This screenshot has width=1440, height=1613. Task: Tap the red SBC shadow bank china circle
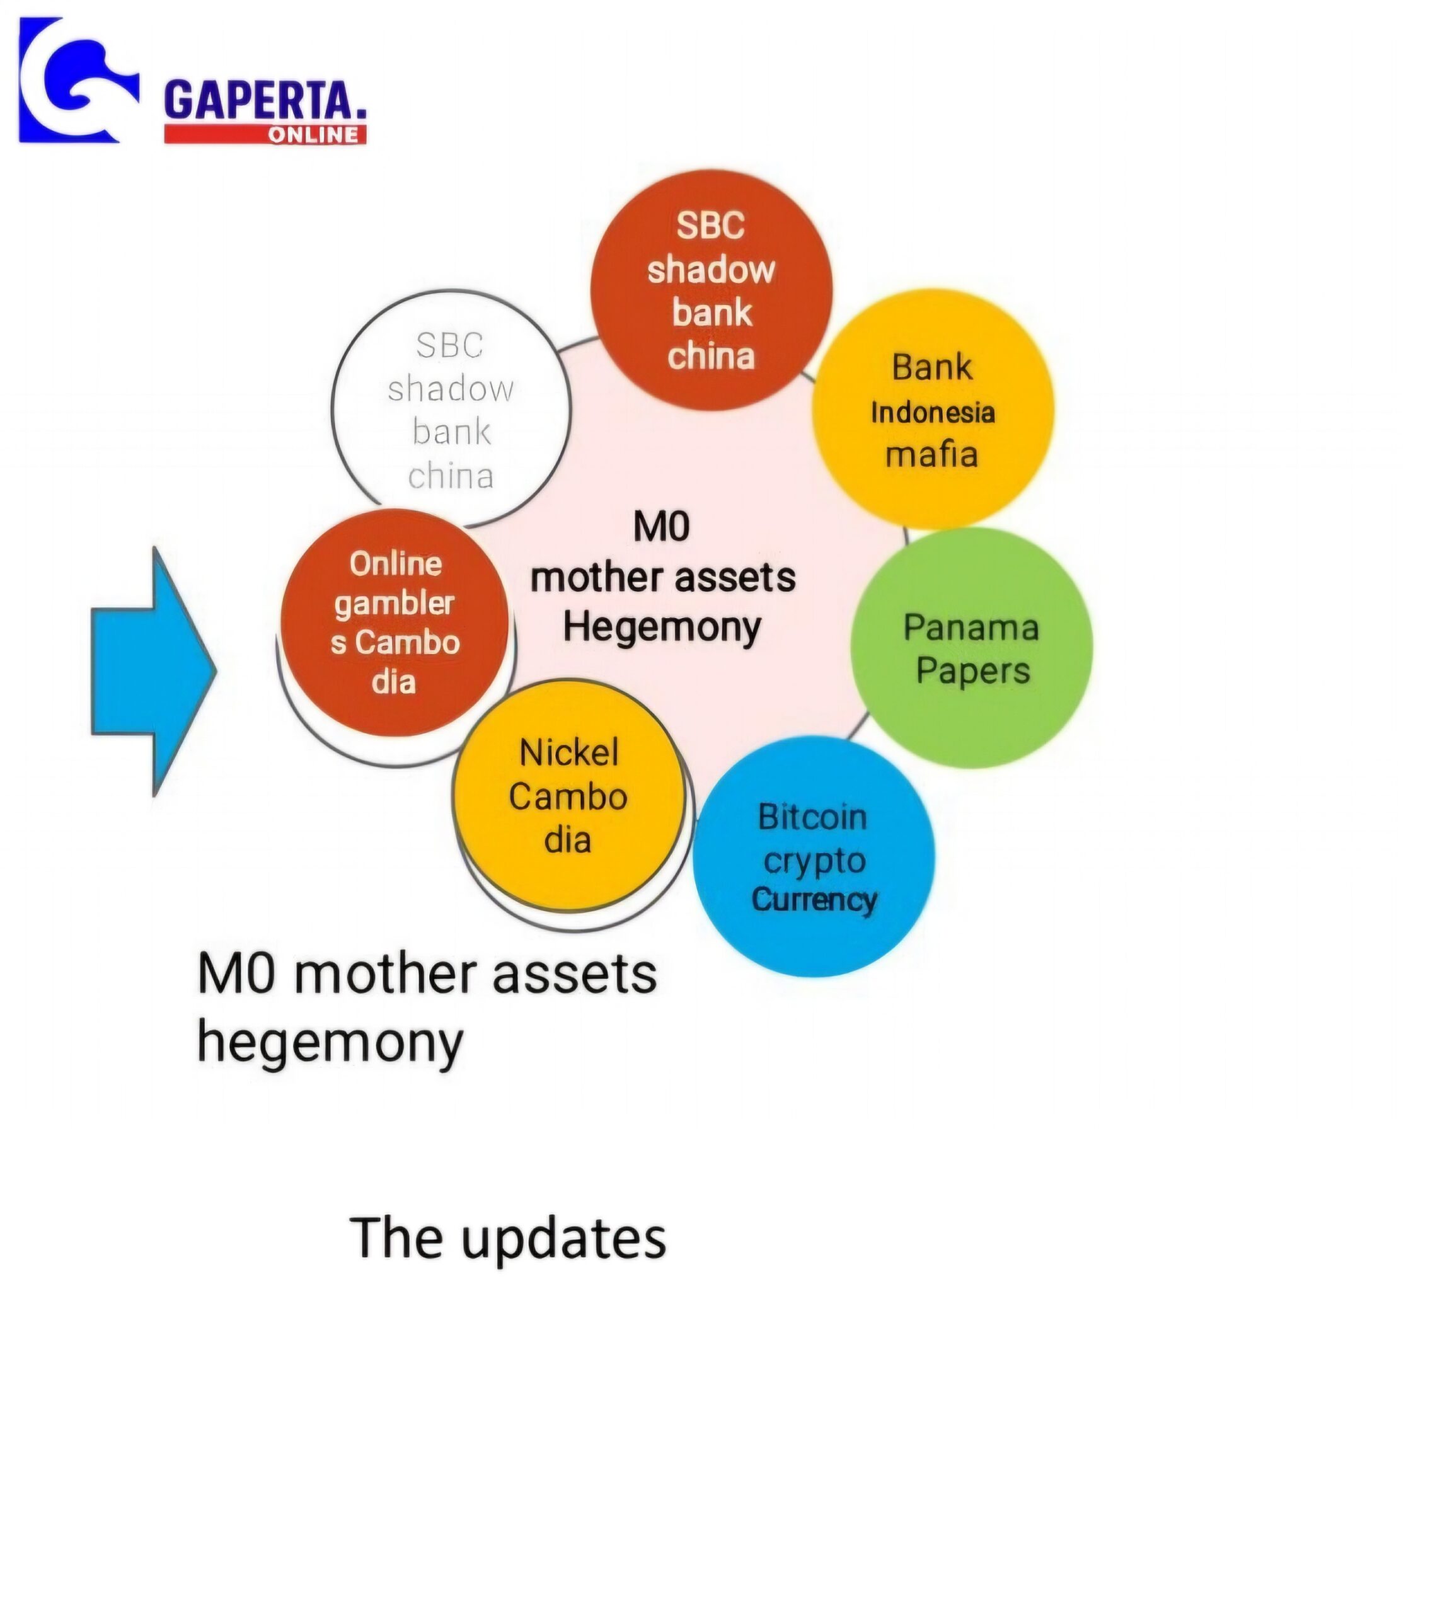pyautogui.click(x=711, y=290)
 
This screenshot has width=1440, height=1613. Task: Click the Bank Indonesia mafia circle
pyautogui.click(x=933, y=409)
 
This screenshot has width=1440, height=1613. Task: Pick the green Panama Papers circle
pyautogui.click(x=972, y=648)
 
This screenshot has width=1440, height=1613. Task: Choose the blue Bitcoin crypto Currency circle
pyautogui.click(x=814, y=857)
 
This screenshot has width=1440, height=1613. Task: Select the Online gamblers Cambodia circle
pyautogui.click(x=394, y=623)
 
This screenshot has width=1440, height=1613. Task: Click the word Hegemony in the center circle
pyautogui.click(x=662, y=628)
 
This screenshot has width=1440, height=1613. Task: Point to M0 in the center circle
pyautogui.click(x=662, y=527)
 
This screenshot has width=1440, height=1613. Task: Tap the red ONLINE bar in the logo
pyautogui.click(x=265, y=134)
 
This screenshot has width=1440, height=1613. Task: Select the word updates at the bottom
pyautogui.click(x=563, y=1239)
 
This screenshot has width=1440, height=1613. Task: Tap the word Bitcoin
pyautogui.click(x=812, y=817)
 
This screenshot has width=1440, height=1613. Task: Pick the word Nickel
pyautogui.click(x=569, y=752)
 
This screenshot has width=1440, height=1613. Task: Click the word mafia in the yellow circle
pyautogui.click(x=932, y=454)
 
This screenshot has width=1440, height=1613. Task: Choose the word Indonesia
pyautogui.click(x=933, y=412)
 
